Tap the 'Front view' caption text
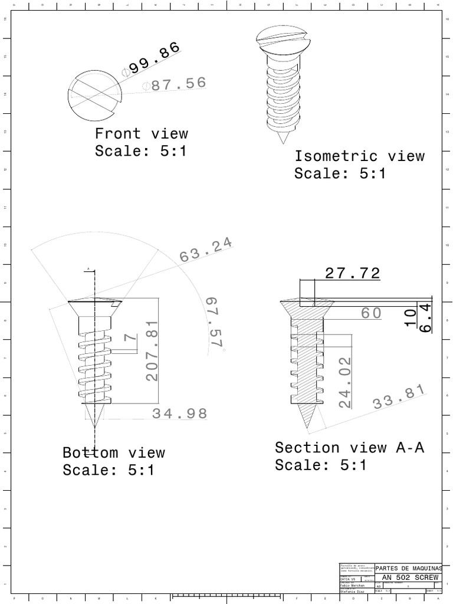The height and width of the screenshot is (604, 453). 142,134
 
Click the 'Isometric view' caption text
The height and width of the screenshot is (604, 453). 359,156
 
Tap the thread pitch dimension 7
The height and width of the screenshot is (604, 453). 131,339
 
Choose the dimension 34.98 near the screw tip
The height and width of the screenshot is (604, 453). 180,413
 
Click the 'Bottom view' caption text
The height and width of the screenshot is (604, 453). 114,453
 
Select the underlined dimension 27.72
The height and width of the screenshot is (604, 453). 352,273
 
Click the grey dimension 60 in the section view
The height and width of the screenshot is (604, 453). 372,313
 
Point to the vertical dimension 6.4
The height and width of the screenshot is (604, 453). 426,318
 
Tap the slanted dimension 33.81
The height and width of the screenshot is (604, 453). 399,397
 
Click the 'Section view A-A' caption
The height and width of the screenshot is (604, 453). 349,448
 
